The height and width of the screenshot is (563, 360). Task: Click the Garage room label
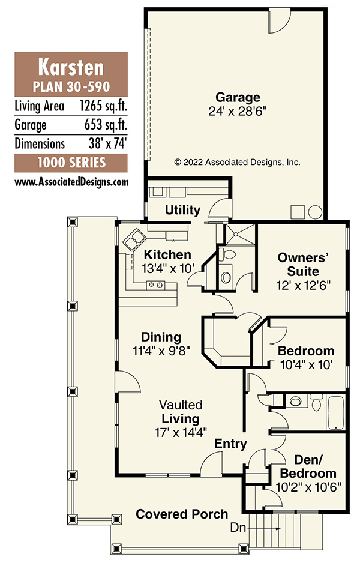click(238, 97)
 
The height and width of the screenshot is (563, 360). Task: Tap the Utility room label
click(182, 209)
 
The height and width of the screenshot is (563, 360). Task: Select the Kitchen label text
click(167, 254)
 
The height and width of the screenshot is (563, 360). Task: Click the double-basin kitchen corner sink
click(134, 239)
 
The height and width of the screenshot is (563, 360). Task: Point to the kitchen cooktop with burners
click(156, 285)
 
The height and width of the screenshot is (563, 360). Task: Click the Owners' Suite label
click(303, 264)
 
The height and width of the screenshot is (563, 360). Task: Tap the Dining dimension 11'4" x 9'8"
click(161, 350)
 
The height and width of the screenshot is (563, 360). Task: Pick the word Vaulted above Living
click(181, 405)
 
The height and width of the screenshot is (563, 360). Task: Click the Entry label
click(230, 444)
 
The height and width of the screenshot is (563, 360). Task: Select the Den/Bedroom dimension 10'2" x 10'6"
click(308, 487)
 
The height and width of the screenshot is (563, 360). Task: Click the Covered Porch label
click(182, 514)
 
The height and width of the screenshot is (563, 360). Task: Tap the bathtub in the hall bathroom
click(335, 412)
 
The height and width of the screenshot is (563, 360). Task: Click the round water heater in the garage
click(315, 212)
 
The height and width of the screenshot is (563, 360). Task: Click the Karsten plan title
click(71, 67)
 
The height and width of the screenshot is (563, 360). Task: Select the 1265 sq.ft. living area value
click(104, 106)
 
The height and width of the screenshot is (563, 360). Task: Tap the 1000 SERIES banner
click(71, 163)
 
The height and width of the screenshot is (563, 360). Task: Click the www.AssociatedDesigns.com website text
click(71, 182)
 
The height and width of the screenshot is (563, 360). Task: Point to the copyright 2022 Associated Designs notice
click(237, 162)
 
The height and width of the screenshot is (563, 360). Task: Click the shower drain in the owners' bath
click(236, 235)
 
